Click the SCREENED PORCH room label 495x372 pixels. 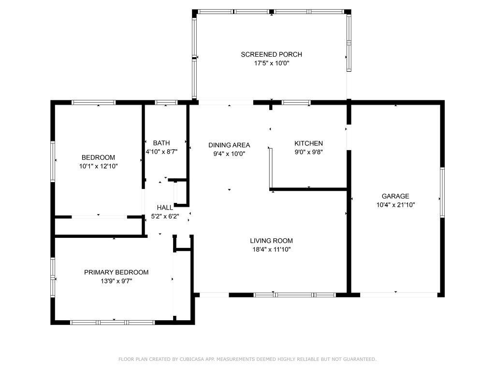pos(271,54)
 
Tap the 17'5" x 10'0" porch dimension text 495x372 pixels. pos(272,63)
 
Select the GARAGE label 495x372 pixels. pos(395,196)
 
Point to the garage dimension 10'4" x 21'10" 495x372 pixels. pos(395,205)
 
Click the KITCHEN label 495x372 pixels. pos(308,143)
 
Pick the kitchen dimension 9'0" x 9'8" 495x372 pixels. pos(308,152)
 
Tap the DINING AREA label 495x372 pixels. pos(229,145)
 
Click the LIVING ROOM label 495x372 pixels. pos(271,241)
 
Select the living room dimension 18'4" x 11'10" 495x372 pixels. pos(272,249)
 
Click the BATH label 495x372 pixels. pos(161,143)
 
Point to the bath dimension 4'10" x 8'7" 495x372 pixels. pos(161,152)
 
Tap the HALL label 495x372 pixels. pos(165,207)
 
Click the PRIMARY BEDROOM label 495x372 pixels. pos(116,272)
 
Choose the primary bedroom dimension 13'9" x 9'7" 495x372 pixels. pos(116,281)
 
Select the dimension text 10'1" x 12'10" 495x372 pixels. pos(98,166)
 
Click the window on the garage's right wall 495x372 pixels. pos(442,192)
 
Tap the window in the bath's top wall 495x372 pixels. pos(166,103)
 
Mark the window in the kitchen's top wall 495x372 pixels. pos(296,103)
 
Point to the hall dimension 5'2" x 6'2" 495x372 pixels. pos(165,217)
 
